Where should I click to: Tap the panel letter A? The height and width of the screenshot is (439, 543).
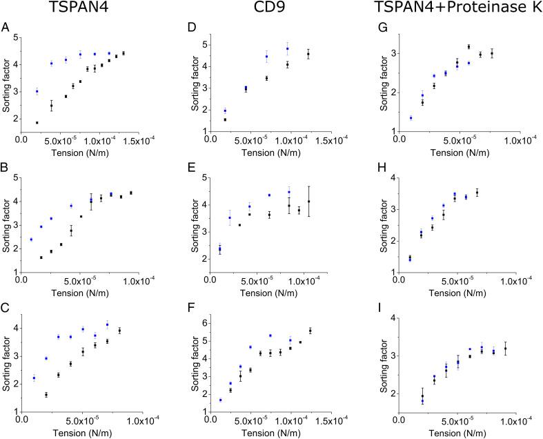6,28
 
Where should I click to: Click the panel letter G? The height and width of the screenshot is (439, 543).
378,28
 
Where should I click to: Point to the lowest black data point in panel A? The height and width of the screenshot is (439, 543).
37,122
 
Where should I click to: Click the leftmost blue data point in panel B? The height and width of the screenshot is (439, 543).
31,240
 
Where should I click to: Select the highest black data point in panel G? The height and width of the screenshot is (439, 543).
468,47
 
